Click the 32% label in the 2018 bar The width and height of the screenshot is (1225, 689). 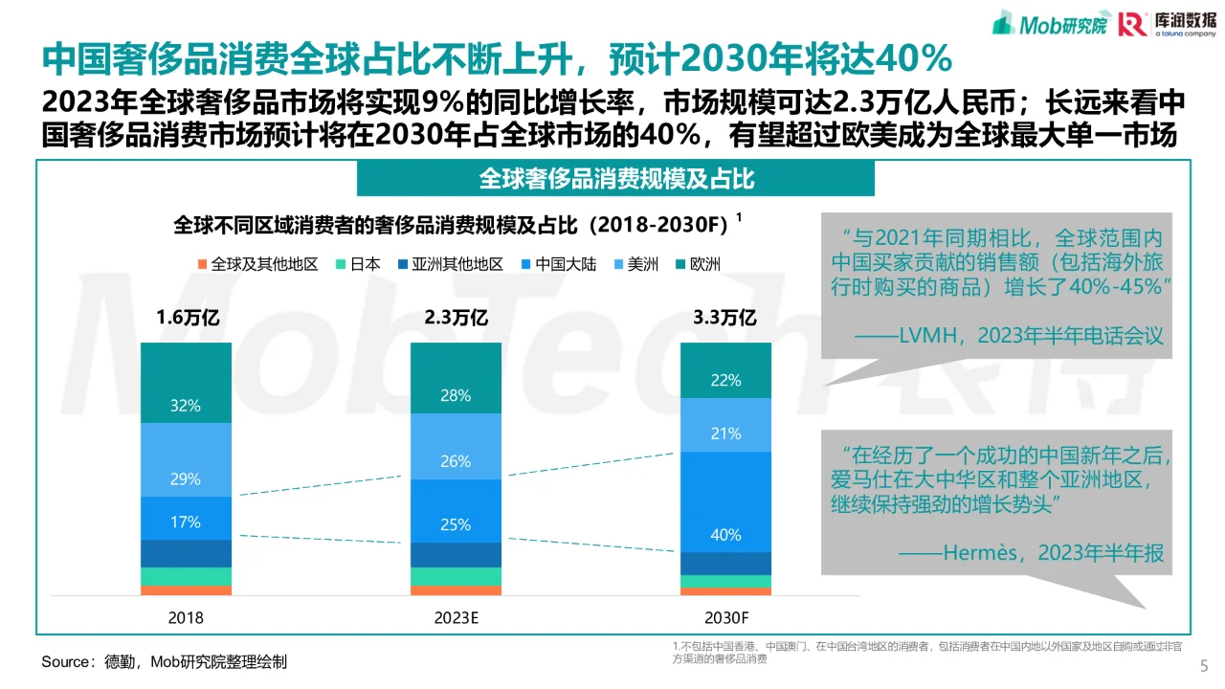coord(186,406)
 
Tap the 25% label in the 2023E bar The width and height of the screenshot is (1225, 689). coord(456,524)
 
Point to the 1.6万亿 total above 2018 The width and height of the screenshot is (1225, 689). coord(188,318)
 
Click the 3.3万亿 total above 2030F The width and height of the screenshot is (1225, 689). coord(724,318)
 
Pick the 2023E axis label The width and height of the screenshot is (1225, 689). coord(456,618)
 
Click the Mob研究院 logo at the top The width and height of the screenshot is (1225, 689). coord(1048,23)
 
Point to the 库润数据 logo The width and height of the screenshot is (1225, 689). coord(1162,23)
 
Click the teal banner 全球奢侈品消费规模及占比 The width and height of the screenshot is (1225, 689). coord(615,179)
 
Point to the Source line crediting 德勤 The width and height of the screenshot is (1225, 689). coord(164,662)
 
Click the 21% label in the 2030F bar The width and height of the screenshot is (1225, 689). coord(725,433)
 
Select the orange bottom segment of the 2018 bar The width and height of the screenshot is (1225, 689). coord(186,590)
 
